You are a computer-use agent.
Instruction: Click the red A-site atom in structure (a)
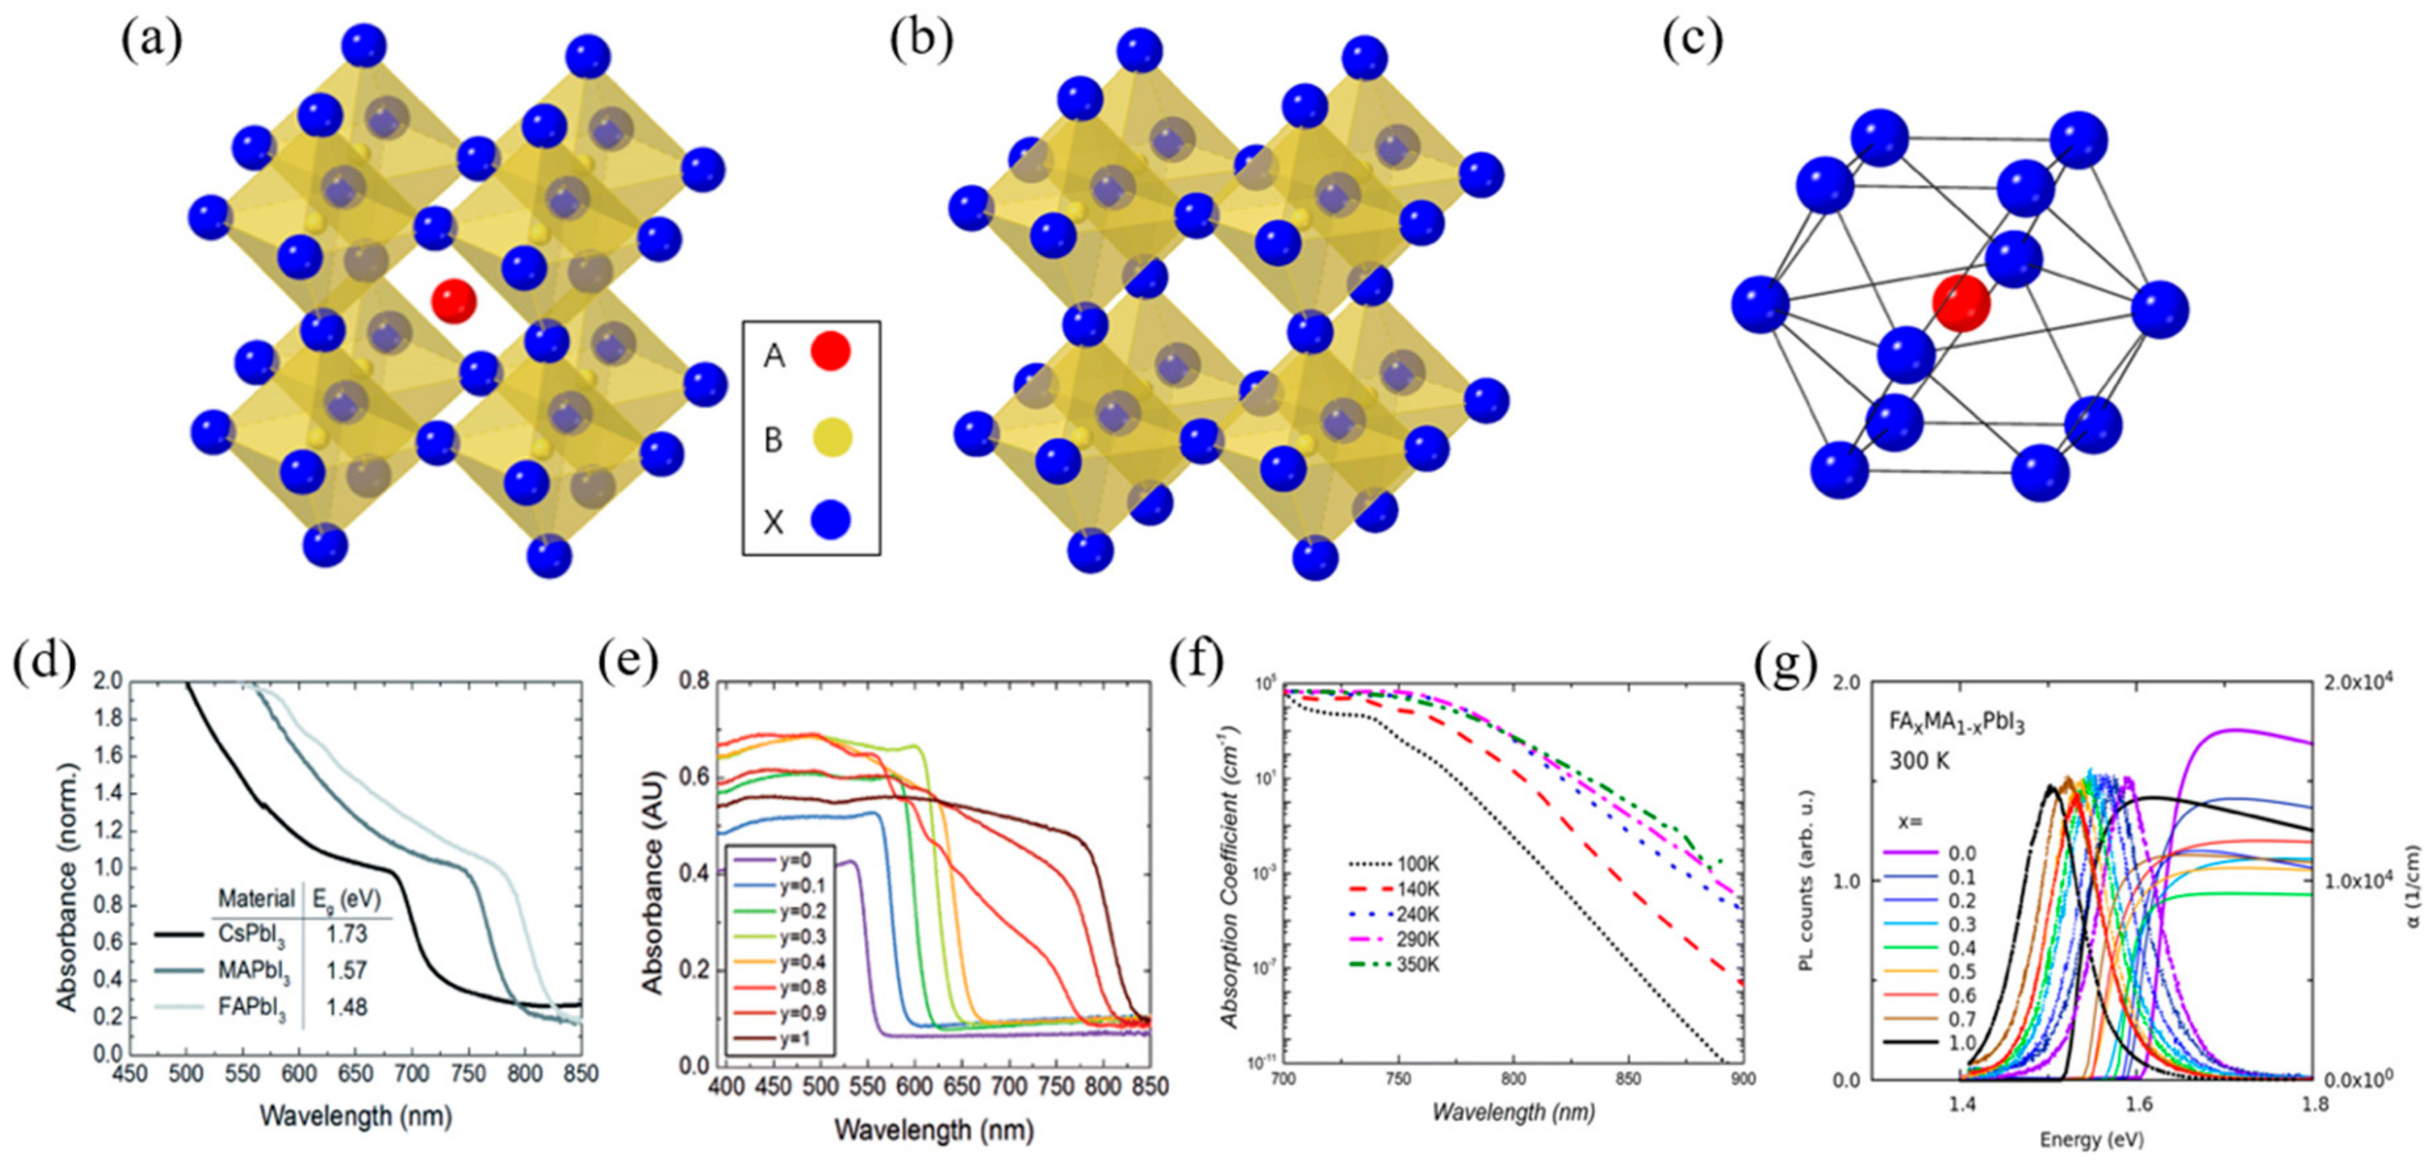click(x=454, y=301)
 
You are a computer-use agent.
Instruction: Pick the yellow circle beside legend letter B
click(x=831, y=438)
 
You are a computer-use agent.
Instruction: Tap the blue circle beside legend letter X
click(x=830, y=520)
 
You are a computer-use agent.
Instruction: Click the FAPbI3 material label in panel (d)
click(x=254, y=1008)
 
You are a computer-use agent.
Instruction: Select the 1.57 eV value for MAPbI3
click(x=346, y=971)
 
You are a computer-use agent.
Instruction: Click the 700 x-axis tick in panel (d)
click(x=411, y=1075)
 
